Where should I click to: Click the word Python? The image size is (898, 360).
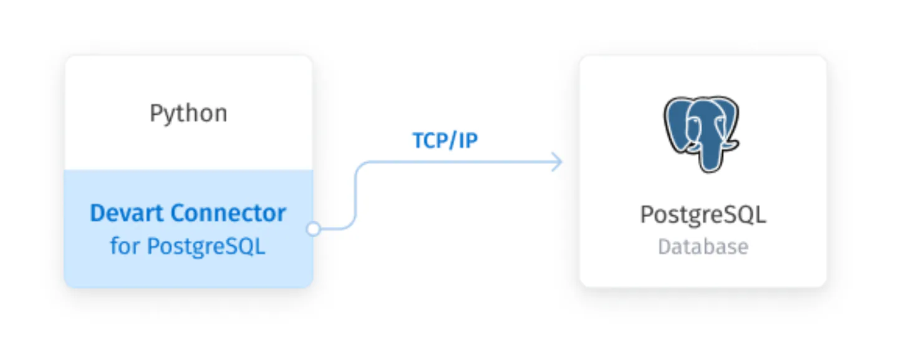point(188,114)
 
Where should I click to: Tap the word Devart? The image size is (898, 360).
point(127,213)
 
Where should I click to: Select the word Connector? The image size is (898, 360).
point(228,213)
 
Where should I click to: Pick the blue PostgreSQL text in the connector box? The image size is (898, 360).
point(206,246)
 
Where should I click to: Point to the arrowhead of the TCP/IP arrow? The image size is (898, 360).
point(558,162)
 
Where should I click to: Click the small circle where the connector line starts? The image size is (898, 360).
point(314,229)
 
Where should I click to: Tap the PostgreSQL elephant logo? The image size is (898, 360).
point(702,134)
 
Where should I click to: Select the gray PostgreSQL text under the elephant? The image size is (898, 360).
point(703,215)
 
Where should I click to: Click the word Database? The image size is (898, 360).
point(703,246)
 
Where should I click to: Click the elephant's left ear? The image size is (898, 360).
point(677,124)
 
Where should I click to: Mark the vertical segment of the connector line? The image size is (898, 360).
point(355,195)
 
